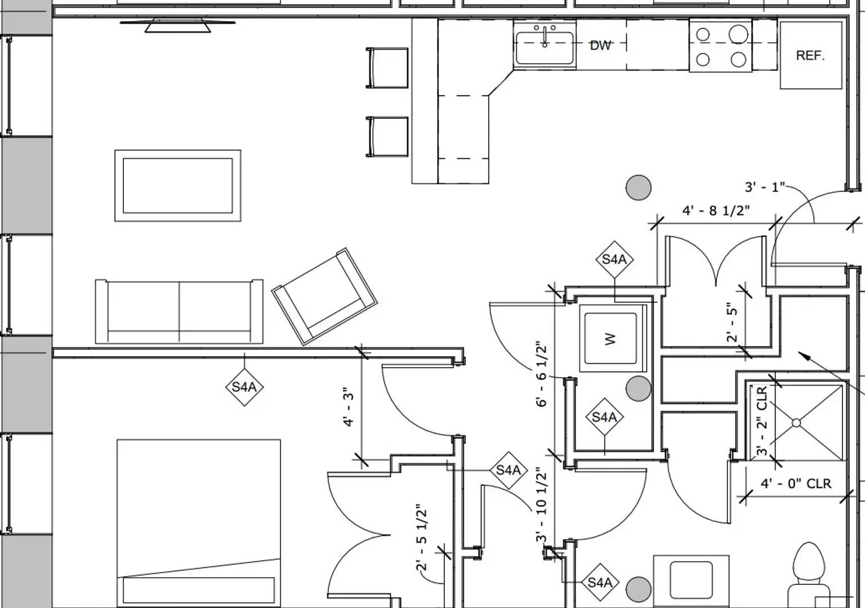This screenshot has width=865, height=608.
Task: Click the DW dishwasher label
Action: [x=600, y=45]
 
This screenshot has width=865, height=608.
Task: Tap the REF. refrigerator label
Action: [x=810, y=55]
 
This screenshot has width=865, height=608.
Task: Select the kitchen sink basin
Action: [x=545, y=48]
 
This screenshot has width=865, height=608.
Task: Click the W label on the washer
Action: [x=610, y=339]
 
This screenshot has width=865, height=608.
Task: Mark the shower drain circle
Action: [x=796, y=423]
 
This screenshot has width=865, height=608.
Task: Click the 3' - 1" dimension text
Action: [x=764, y=187]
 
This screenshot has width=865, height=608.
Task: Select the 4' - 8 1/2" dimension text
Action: [x=716, y=211]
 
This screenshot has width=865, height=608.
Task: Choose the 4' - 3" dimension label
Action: [x=349, y=406]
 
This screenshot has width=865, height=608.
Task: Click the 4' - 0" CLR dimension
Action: [x=796, y=484]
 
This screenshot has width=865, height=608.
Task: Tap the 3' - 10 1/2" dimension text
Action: [x=542, y=504]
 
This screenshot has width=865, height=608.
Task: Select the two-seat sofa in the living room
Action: [x=179, y=311]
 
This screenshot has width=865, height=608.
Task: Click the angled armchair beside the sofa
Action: [x=324, y=296]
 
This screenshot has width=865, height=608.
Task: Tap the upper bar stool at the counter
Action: [x=387, y=68]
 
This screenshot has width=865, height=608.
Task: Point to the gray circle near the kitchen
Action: [x=639, y=187]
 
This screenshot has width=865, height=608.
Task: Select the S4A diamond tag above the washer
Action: [x=614, y=260]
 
